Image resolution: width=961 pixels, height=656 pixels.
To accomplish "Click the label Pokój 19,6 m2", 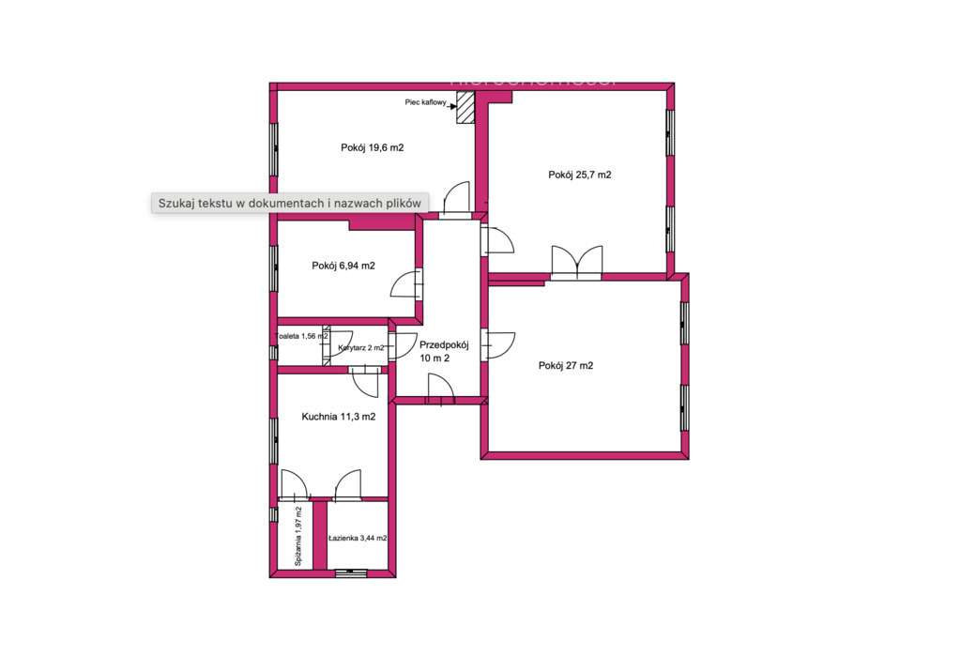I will (x=373, y=147).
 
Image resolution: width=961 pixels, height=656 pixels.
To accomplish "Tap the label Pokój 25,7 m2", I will (x=580, y=175).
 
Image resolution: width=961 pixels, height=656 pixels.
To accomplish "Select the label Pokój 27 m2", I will (x=566, y=366).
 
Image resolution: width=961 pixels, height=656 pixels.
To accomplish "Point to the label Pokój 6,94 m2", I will (x=343, y=266).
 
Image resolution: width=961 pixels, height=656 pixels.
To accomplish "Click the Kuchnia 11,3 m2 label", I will (x=339, y=417).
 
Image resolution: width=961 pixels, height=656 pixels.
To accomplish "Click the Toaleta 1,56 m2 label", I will (x=300, y=336).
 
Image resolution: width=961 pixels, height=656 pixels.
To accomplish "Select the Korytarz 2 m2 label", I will (x=360, y=348).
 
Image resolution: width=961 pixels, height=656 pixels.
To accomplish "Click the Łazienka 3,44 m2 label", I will (x=358, y=539).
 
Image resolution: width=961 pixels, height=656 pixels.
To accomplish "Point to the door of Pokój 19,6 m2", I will (x=456, y=199).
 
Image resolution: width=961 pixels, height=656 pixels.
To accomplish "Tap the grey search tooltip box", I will (x=290, y=203).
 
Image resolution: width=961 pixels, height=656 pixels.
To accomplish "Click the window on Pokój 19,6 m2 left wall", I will (x=274, y=150).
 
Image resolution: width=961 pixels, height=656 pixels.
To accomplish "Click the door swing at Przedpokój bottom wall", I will (x=438, y=389).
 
